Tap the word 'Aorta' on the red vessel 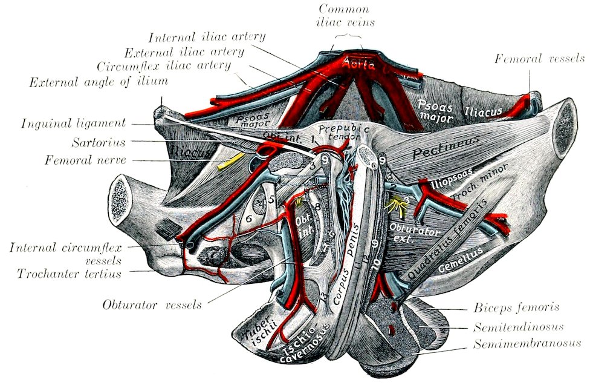point(358,64)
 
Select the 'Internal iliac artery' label point(206,37)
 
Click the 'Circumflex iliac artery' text point(163,65)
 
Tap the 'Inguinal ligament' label point(73,124)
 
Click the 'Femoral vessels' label point(539,59)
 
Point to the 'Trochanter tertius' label point(70,274)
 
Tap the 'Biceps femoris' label point(516,307)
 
